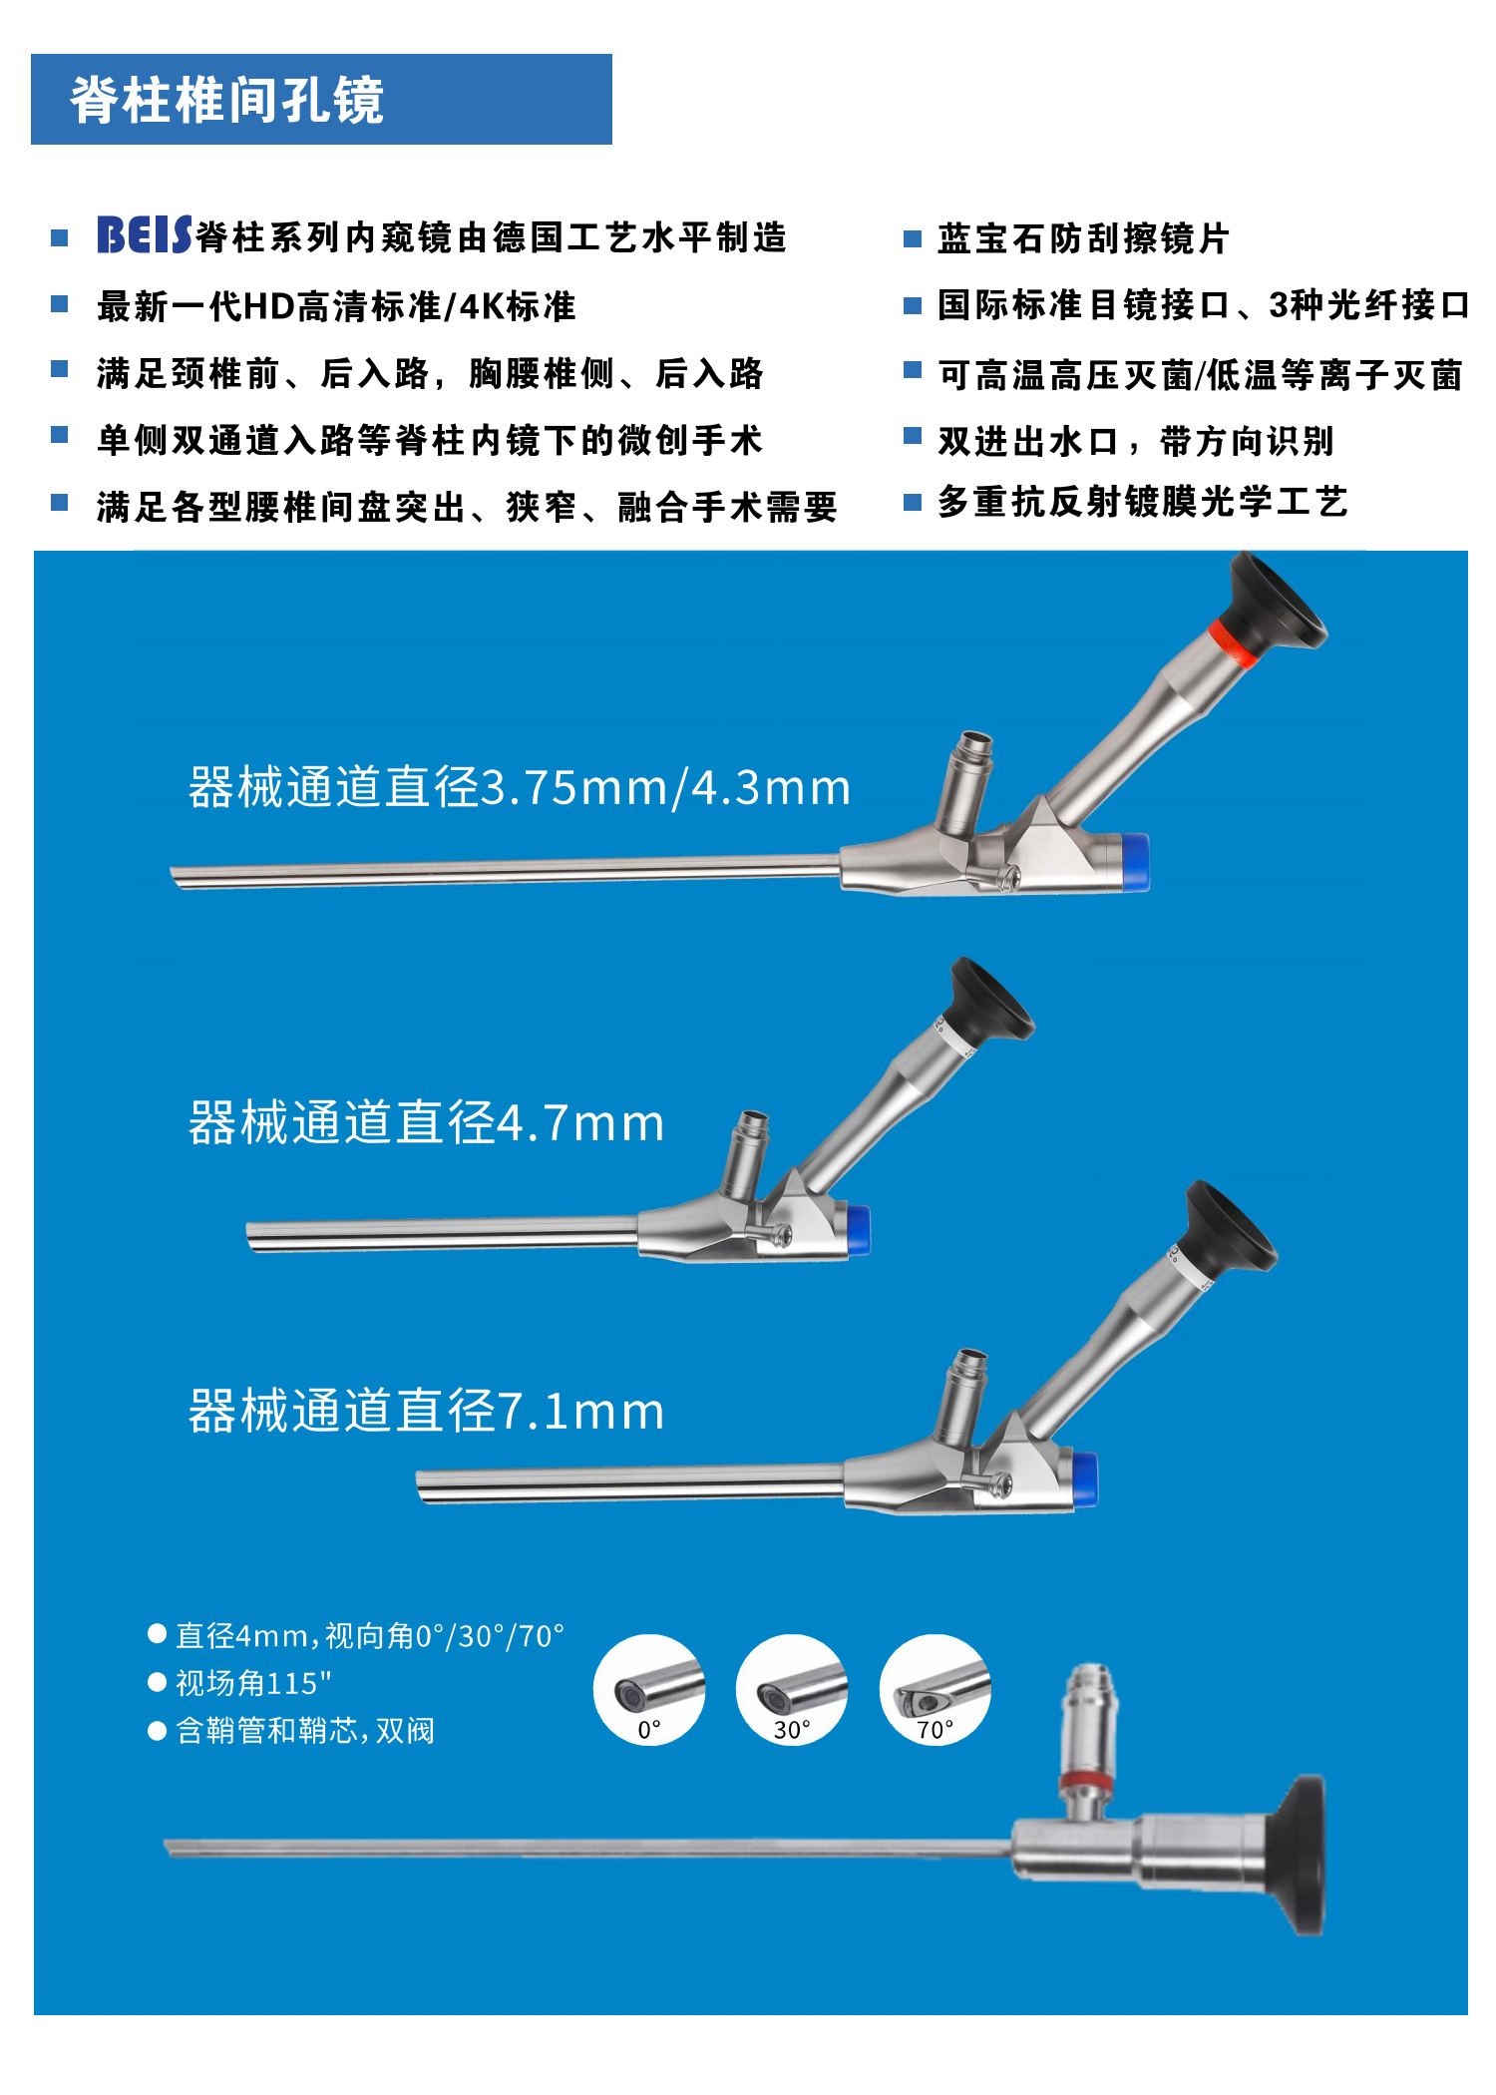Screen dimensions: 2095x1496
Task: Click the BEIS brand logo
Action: point(144,235)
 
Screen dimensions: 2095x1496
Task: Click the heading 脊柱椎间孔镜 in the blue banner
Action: point(226,100)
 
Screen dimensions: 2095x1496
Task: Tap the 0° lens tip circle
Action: point(648,1689)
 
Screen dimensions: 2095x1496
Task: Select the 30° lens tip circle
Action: point(792,1689)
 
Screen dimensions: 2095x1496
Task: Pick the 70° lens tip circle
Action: point(935,1689)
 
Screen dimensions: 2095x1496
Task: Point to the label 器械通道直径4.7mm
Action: point(426,1123)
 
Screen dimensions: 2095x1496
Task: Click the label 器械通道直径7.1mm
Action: point(426,1411)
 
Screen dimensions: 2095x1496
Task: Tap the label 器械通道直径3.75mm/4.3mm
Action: point(519,787)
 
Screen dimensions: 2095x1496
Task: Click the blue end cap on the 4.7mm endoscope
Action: point(858,1230)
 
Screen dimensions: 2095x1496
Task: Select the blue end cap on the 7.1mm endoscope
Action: point(1085,1478)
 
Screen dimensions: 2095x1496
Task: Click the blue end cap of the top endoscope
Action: point(1135,861)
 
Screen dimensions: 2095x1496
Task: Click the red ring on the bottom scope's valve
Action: point(1086,1782)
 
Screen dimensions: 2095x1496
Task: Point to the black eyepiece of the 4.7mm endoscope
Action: point(989,1002)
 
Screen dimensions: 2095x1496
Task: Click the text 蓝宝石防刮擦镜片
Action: point(1083,239)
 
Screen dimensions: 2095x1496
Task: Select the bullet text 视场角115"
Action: point(253,1684)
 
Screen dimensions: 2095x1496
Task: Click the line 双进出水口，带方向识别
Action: point(1135,441)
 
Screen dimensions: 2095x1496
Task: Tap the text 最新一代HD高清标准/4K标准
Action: point(336,306)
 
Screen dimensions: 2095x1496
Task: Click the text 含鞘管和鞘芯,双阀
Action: point(304,1731)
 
